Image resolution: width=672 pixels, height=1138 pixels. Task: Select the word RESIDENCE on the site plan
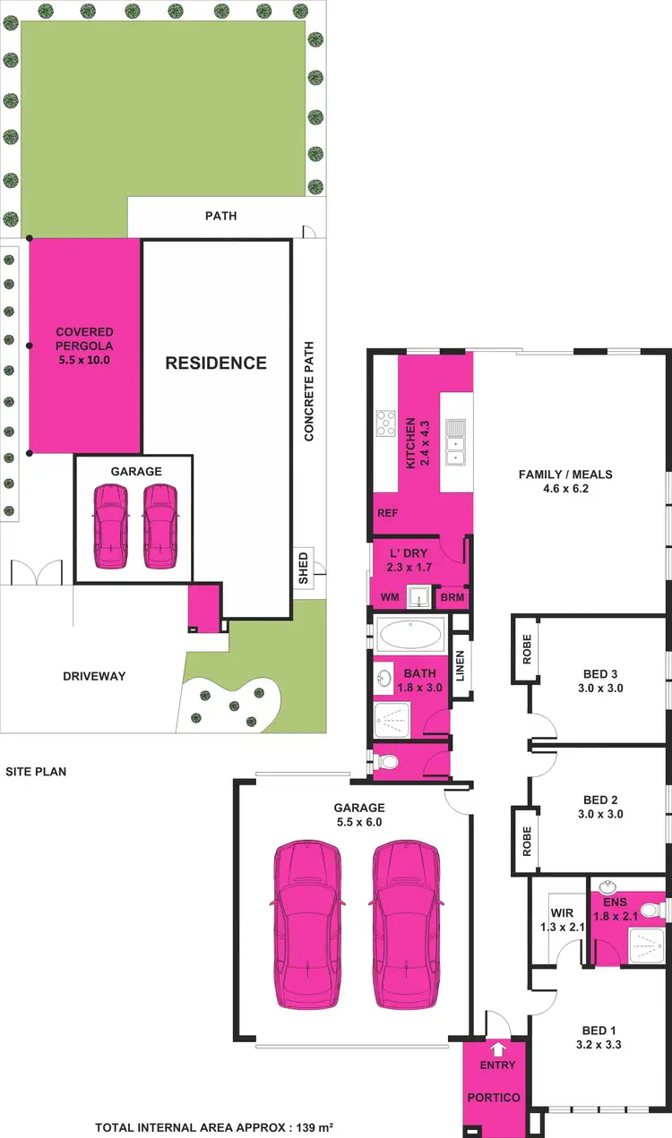click(215, 363)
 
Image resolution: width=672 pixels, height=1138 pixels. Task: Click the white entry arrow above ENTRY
click(498, 1050)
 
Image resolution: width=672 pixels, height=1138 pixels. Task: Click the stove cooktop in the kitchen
click(385, 423)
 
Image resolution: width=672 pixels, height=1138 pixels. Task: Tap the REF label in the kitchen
click(387, 514)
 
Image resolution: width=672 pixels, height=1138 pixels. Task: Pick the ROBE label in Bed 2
click(526, 841)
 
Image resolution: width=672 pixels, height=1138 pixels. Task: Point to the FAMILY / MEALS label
click(565, 482)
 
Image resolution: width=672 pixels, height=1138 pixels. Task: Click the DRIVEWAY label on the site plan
click(94, 676)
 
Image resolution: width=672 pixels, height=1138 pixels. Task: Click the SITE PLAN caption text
click(36, 771)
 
